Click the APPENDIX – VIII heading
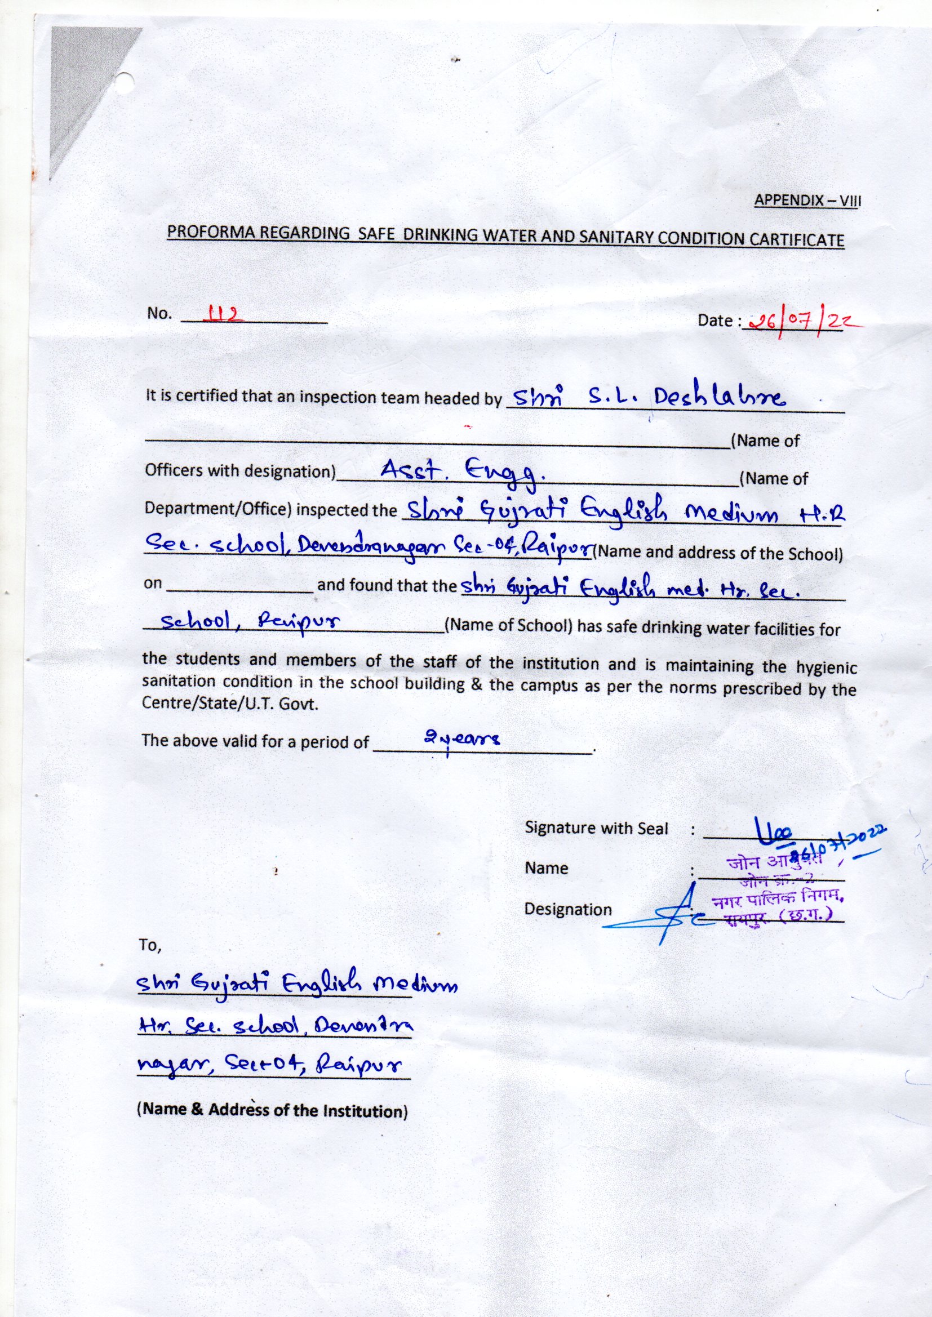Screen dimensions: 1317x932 click(807, 200)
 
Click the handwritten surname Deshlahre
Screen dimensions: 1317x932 click(717, 398)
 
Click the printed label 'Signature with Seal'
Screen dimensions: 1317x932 click(596, 827)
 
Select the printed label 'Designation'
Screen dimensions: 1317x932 click(567, 909)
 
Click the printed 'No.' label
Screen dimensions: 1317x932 click(159, 313)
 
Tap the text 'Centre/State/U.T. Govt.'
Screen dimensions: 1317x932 click(229, 704)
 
